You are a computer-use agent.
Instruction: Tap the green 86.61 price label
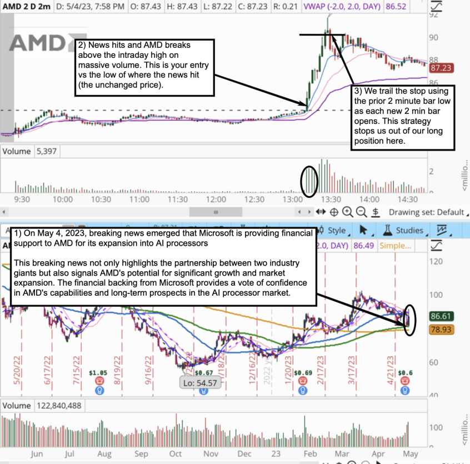click(442, 315)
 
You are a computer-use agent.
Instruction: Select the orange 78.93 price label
click(442, 330)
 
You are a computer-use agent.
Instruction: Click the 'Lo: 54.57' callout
click(198, 382)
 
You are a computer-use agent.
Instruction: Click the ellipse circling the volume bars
click(309, 179)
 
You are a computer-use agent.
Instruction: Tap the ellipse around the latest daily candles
click(410, 320)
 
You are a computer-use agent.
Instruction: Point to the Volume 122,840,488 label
click(42, 406)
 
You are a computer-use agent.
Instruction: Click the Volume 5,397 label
click(30, 151)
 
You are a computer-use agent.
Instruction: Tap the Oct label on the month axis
click(176, 454)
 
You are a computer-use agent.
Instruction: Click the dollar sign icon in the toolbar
click(376, 212)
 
